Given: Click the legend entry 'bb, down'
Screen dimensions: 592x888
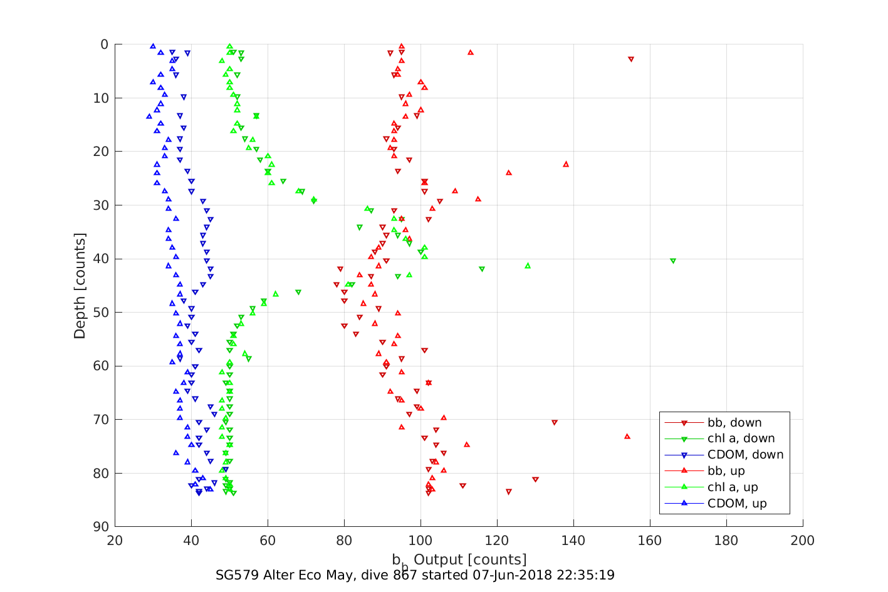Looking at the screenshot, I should click(734, 423).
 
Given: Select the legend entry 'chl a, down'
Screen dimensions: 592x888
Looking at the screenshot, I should click(741, 439).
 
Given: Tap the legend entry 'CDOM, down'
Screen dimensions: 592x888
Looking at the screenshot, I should click(745, 455).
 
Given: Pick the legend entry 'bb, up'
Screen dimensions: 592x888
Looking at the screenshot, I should click(726, 471).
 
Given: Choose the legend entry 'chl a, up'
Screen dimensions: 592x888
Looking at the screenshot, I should click(733, 487).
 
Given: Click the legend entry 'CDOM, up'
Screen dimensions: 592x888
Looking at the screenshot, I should click(737, 504).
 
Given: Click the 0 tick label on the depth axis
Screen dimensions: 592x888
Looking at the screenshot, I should click(105, 44).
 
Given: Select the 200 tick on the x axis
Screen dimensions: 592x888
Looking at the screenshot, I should click(803, 541).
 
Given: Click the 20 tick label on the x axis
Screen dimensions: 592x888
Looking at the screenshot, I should click(115, 541).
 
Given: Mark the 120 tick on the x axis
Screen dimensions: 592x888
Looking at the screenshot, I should click(497, 541).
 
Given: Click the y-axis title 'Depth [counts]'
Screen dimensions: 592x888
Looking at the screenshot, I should click(80, 286).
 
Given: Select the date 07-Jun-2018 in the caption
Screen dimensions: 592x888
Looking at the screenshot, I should click(509, 575).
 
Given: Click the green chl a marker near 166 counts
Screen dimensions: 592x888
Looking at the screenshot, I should click(673, 261).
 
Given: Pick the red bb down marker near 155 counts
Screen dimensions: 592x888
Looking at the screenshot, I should click(631, 59).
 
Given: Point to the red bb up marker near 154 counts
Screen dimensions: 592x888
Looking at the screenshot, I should click(627, 436).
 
